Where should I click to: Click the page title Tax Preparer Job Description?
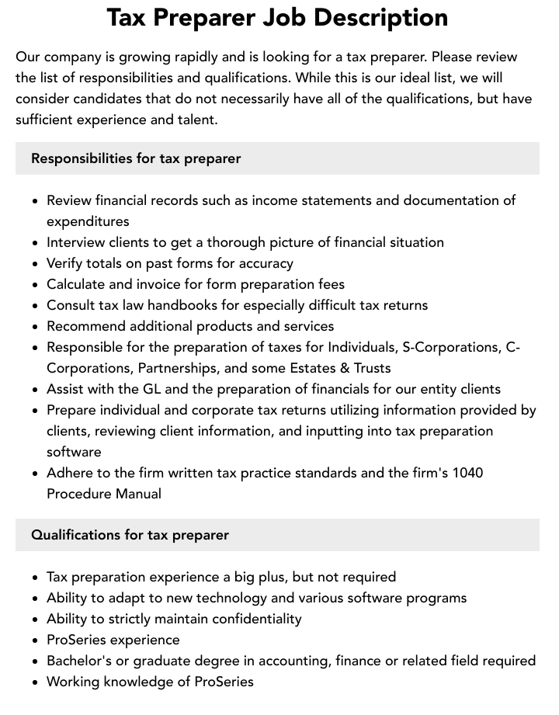point(277,17)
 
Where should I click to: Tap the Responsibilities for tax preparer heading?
point(136,158)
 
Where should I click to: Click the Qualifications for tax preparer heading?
point(130,535)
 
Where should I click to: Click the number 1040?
point(467,473)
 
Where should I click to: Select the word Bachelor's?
point(80,661)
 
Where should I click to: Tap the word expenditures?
point(88,221)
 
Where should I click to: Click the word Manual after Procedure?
point(136,494)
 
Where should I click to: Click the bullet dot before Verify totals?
point(35,264)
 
